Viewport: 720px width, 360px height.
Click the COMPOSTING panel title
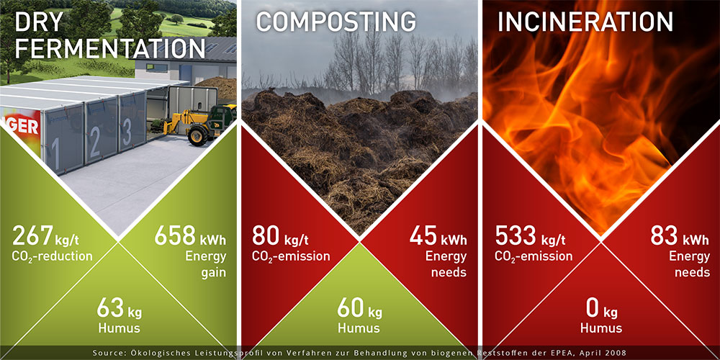[336, 21]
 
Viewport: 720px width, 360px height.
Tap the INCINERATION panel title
[585, 21]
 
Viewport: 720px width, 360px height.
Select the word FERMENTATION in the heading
[109, 48]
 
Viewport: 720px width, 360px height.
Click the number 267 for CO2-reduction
[32, 235]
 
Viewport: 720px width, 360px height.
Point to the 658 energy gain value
[176, 235]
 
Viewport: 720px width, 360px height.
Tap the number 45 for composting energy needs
[423, 235]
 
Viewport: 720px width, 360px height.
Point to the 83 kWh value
[664, 235]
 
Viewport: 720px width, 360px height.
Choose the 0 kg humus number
[593, 309]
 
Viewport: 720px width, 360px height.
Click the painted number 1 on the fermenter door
[55, 154]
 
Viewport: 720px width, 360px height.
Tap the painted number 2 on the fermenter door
[95, 143]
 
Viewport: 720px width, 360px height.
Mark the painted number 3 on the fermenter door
[127, 132]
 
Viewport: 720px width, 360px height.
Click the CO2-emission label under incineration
[534, 256]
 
